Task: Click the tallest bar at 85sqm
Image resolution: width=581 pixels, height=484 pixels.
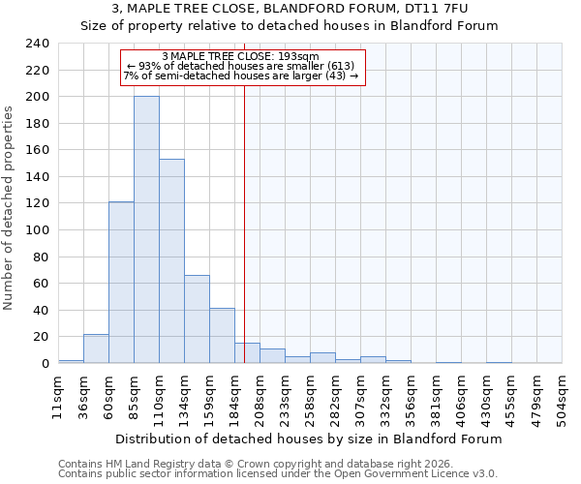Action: tap(146, 229)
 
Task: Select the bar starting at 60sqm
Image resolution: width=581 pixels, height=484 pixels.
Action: tap(121, 283)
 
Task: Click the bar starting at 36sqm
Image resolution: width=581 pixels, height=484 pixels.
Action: tap(96, 348)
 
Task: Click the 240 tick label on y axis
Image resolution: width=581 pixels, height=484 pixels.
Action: tap(36, 44)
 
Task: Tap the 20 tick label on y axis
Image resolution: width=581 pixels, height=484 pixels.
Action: tap(40, 337)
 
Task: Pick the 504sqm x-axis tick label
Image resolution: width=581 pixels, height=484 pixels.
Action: tap(561, 397)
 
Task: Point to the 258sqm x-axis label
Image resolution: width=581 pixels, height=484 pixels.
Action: tap(309, 397)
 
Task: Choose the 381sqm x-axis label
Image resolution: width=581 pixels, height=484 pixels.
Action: tap(435, 397)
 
